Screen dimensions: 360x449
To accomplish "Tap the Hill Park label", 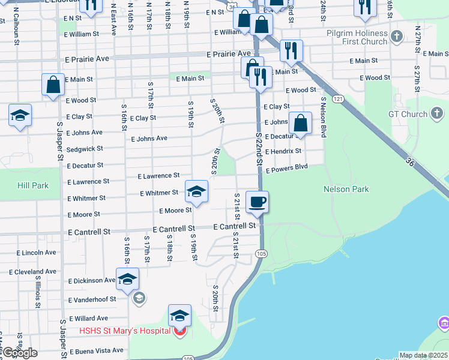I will tap(33, 185).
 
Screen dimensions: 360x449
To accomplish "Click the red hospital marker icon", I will tap(179, 331).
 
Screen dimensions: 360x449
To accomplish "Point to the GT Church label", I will tap(408, 114).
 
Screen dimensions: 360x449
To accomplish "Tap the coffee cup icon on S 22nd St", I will tap(258, 202).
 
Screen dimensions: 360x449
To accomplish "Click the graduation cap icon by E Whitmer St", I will tap(196, 192).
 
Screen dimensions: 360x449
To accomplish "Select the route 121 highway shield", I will tap(339, 99).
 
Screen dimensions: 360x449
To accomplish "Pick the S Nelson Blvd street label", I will tap(324, 118).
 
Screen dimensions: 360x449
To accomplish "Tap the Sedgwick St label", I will tap(85, 148).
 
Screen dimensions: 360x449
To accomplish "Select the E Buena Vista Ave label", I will tap(97, 350).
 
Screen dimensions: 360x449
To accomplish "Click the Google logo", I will tap(20, 353).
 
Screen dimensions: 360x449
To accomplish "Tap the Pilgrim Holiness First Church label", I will tap(358, 38).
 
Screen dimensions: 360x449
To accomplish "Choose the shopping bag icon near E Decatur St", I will tap(301, 123).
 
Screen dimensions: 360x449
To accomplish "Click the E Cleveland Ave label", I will tap(32, 272).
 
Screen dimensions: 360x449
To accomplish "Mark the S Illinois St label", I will tap(38, 292).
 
